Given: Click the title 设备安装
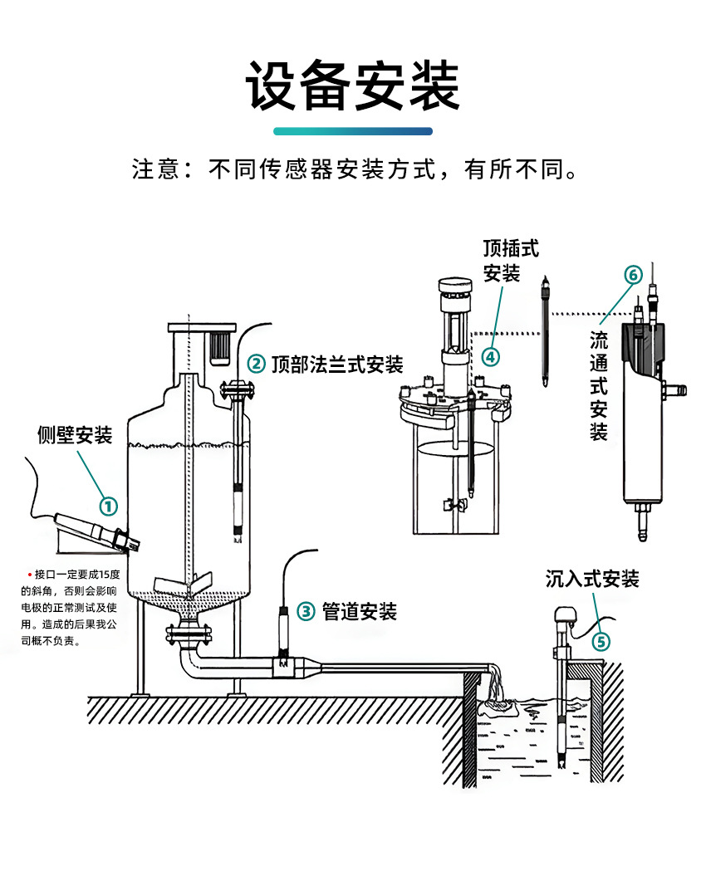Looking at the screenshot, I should click(353, 86).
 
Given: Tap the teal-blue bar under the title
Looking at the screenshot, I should click(353, 131).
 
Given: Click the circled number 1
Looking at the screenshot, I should click(109, 505).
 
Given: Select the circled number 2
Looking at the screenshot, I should click(257, 364).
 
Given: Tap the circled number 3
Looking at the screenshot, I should click(306, 612).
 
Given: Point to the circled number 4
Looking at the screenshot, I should click(491, 356).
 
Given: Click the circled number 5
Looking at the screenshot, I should click(601, 641).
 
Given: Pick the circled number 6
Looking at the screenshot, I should click(633, 275).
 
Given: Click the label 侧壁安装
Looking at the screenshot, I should click(75, 434).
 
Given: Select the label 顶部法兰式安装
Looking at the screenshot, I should click(337, 364).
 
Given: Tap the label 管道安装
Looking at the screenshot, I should click(360, 612).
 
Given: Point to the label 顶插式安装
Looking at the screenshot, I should click(502, 260).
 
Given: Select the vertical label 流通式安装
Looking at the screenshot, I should click(599, 385).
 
